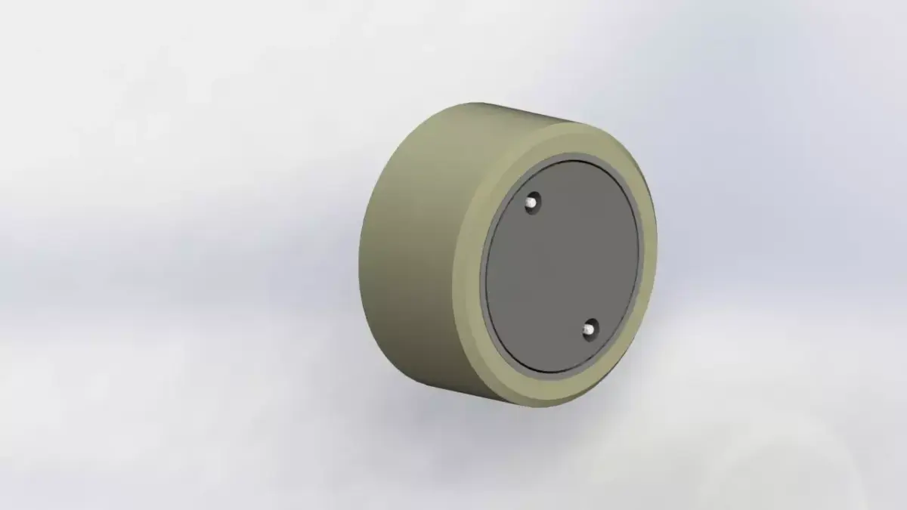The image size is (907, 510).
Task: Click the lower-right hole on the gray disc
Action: pyautogui.click(x=590, y=329)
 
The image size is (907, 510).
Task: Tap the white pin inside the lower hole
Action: pyautogui.click(x=589, y=330)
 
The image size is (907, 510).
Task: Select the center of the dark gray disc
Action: pyautogui.click(x=562, y=265)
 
